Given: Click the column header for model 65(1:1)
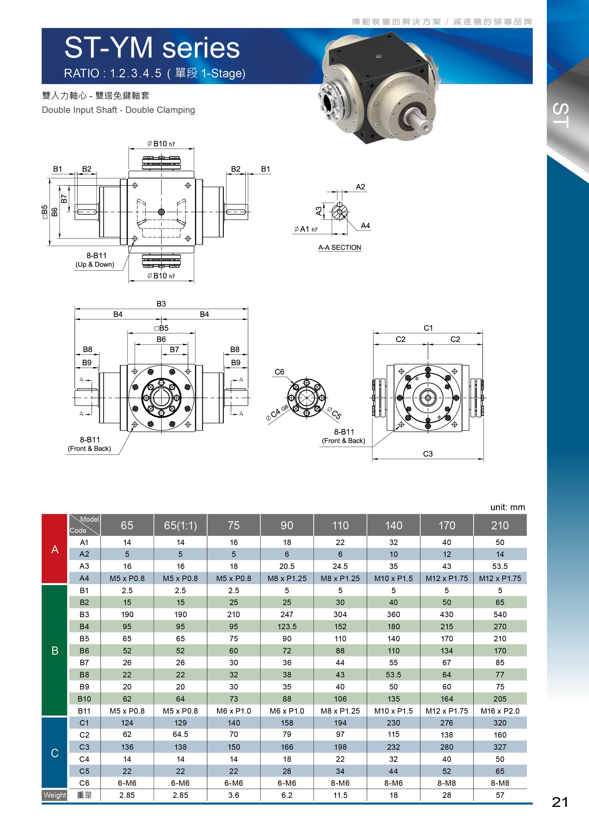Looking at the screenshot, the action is pyautogui.click(x=180, y=525).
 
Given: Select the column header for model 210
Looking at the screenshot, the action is pyautogui.click(x=500, y=525).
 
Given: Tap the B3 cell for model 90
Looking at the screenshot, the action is pyautogui.click(x=287, y=615).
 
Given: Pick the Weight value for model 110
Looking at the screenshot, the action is pyautogui.click(x=340, y=795).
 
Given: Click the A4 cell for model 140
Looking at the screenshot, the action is pyautogui.click(x=394, y=578).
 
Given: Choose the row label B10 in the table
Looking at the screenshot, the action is pyautogui.click(x=84, y=699).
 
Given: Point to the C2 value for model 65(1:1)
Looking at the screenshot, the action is pyautogui.click(x=180, y=735).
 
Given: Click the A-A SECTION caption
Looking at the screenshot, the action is pyautogui.click(x=339, y=248).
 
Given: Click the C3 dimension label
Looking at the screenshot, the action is pyautogui.click(x=428, y=454).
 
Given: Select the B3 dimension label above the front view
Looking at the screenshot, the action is pyautogui.click(x=161, y=304).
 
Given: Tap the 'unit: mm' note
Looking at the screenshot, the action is pyautogui.click(x=507, y=507).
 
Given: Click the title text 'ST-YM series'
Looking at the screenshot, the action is pyautogui.click(x=152, y=48).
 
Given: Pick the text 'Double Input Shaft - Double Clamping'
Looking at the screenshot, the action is pyautogui.click(x=118, y=110).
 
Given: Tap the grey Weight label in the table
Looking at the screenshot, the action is pyautogui.click(x=55, y=795).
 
